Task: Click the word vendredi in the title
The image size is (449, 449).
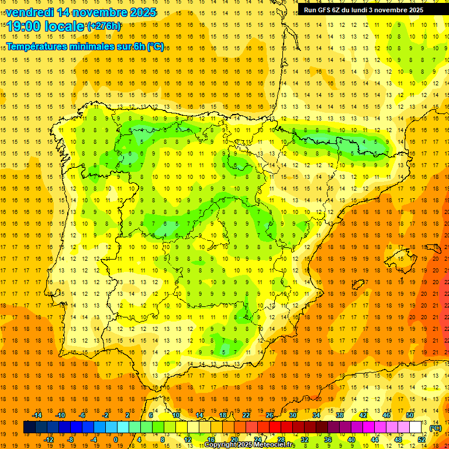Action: [29, 12]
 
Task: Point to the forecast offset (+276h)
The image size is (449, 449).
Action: [104, 26]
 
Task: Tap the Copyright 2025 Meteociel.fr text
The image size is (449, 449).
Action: [249, 445]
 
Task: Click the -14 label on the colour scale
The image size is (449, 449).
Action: [37, 415]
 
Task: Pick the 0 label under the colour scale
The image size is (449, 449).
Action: [116, 440]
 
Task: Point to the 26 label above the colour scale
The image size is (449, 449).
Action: [270, 415]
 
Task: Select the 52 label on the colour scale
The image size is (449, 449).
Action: [421, 440]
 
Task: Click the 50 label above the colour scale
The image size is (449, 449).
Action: [410, 415]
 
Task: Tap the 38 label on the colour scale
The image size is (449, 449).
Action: [340, 415]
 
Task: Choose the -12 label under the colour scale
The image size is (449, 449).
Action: [49, 440]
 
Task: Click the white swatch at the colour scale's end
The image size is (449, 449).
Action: [416, 427]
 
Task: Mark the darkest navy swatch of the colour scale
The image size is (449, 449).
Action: [29, 427]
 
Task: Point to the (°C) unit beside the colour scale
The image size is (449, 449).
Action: [436, 428]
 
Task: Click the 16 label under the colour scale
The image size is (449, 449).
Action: [210, 440]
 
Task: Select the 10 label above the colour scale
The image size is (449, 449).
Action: [175, 415]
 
